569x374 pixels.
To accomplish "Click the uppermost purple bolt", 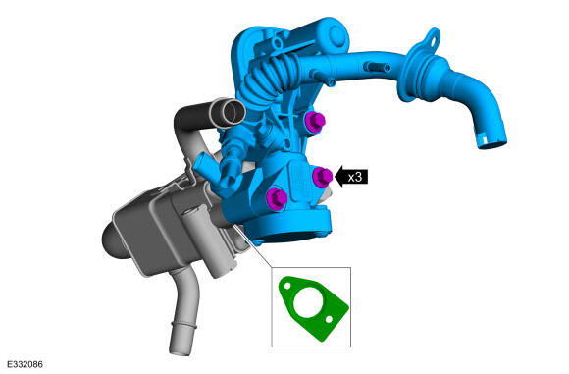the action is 315,122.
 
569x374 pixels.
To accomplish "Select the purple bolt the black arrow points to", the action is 322,177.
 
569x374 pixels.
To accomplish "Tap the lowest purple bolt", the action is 277,198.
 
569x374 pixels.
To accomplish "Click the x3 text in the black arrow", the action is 354,178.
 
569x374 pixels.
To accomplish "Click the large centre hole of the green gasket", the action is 308,302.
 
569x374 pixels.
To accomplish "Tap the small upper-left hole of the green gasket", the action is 287,286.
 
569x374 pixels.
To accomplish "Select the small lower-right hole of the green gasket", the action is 329,320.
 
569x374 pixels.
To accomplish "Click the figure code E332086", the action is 25,364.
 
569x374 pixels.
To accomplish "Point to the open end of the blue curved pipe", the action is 491,142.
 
